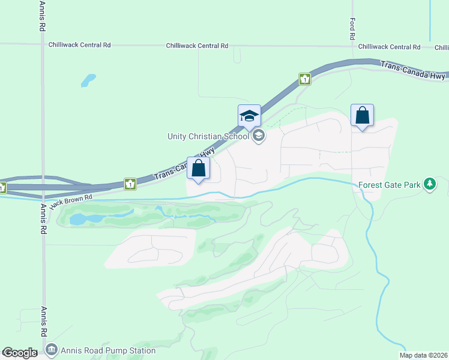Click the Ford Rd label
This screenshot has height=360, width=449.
(352, 29)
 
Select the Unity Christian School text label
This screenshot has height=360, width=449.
(208, 136)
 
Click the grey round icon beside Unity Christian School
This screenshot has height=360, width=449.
(259, 136)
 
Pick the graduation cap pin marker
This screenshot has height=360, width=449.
(249, 116)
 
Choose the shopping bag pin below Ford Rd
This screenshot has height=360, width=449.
(362, 115)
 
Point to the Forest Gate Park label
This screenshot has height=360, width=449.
(389, 185)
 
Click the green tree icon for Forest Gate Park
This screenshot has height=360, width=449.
(429, 184)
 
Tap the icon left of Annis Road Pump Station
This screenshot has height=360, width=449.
(52, 350)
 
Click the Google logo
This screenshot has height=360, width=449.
(20, 353)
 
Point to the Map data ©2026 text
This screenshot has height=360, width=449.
(423, 355)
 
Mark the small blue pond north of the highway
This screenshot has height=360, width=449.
(88, 79)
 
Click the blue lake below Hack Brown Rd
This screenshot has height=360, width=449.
(79, 219)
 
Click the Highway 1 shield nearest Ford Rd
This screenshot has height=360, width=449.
(305, 79)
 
